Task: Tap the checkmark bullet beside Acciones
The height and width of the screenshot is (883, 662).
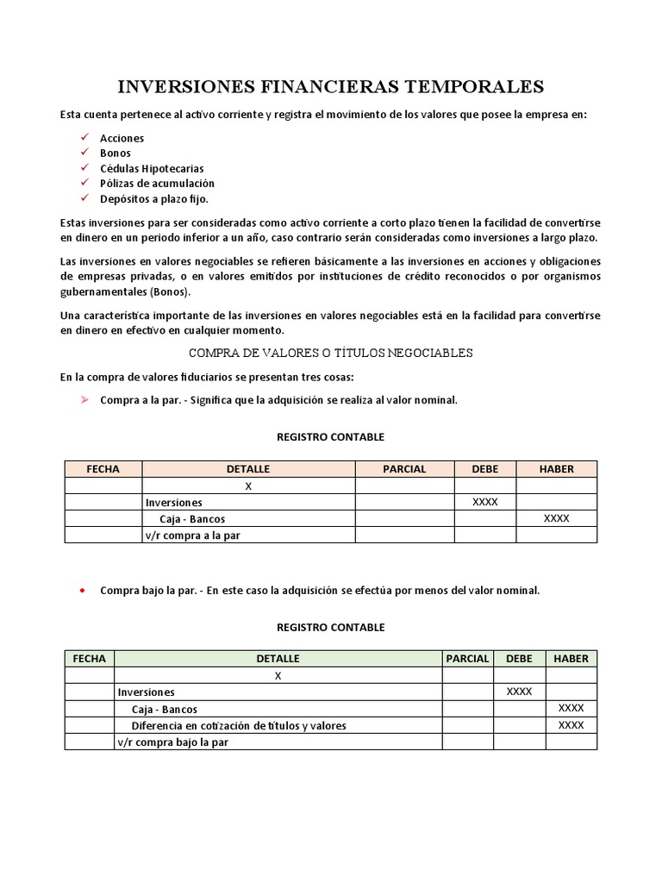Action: coord(84,138)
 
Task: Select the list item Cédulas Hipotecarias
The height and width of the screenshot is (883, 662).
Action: coord(152,168)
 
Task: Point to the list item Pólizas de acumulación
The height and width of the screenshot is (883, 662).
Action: coord(157,183)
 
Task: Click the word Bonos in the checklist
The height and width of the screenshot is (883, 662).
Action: coord(116,153)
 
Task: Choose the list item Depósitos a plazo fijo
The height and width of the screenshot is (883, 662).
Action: coord(154,198)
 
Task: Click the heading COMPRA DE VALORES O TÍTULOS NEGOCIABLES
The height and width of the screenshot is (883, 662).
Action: coord(330,353)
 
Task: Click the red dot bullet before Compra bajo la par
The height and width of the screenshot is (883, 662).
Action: coord(81,591)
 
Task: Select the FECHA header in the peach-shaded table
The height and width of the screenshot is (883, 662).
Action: coord(103,469)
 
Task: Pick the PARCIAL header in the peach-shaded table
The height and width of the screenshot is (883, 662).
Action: coord(404,469)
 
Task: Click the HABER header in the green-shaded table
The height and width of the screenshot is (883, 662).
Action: coord(571,658)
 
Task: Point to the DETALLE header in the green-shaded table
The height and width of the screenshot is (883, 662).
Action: coord(278,658)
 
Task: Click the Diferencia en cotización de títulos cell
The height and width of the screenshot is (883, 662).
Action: coord(239,725)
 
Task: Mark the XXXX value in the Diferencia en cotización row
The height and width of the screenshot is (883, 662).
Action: coord(571,724)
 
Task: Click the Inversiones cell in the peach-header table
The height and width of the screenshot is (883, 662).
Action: coord(174,502)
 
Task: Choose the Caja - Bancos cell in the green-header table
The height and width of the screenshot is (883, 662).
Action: coord(165,709)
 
